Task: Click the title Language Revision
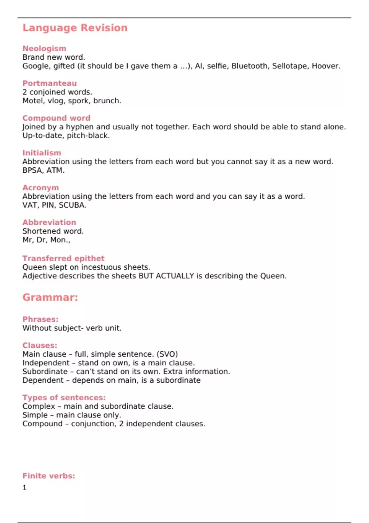pyautogui.click(x=75, y=28)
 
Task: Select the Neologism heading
pyautogui.click(x=44, y=49)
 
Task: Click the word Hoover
pyautogui.click(x=326, y=66)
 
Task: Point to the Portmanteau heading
pyautogui.click(x=50, y=83)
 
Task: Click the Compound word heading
pyautogui.click(x=56, y=118)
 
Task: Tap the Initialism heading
pyautogui.click(x=42, y=153)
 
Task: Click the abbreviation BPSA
pyautogui.click(x=32, y=170)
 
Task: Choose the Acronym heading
pyautogui.click(x=41, y=188)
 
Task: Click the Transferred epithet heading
pyautogui.click(x=63, y=258)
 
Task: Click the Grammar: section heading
pyautogui.click(x=50, y=297)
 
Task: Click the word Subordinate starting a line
pyautogui.click(x=45, y=372)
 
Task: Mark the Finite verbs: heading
pyautogui.click(x=49, y=476)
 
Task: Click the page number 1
pyautogui.click(x=25, y=487)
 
